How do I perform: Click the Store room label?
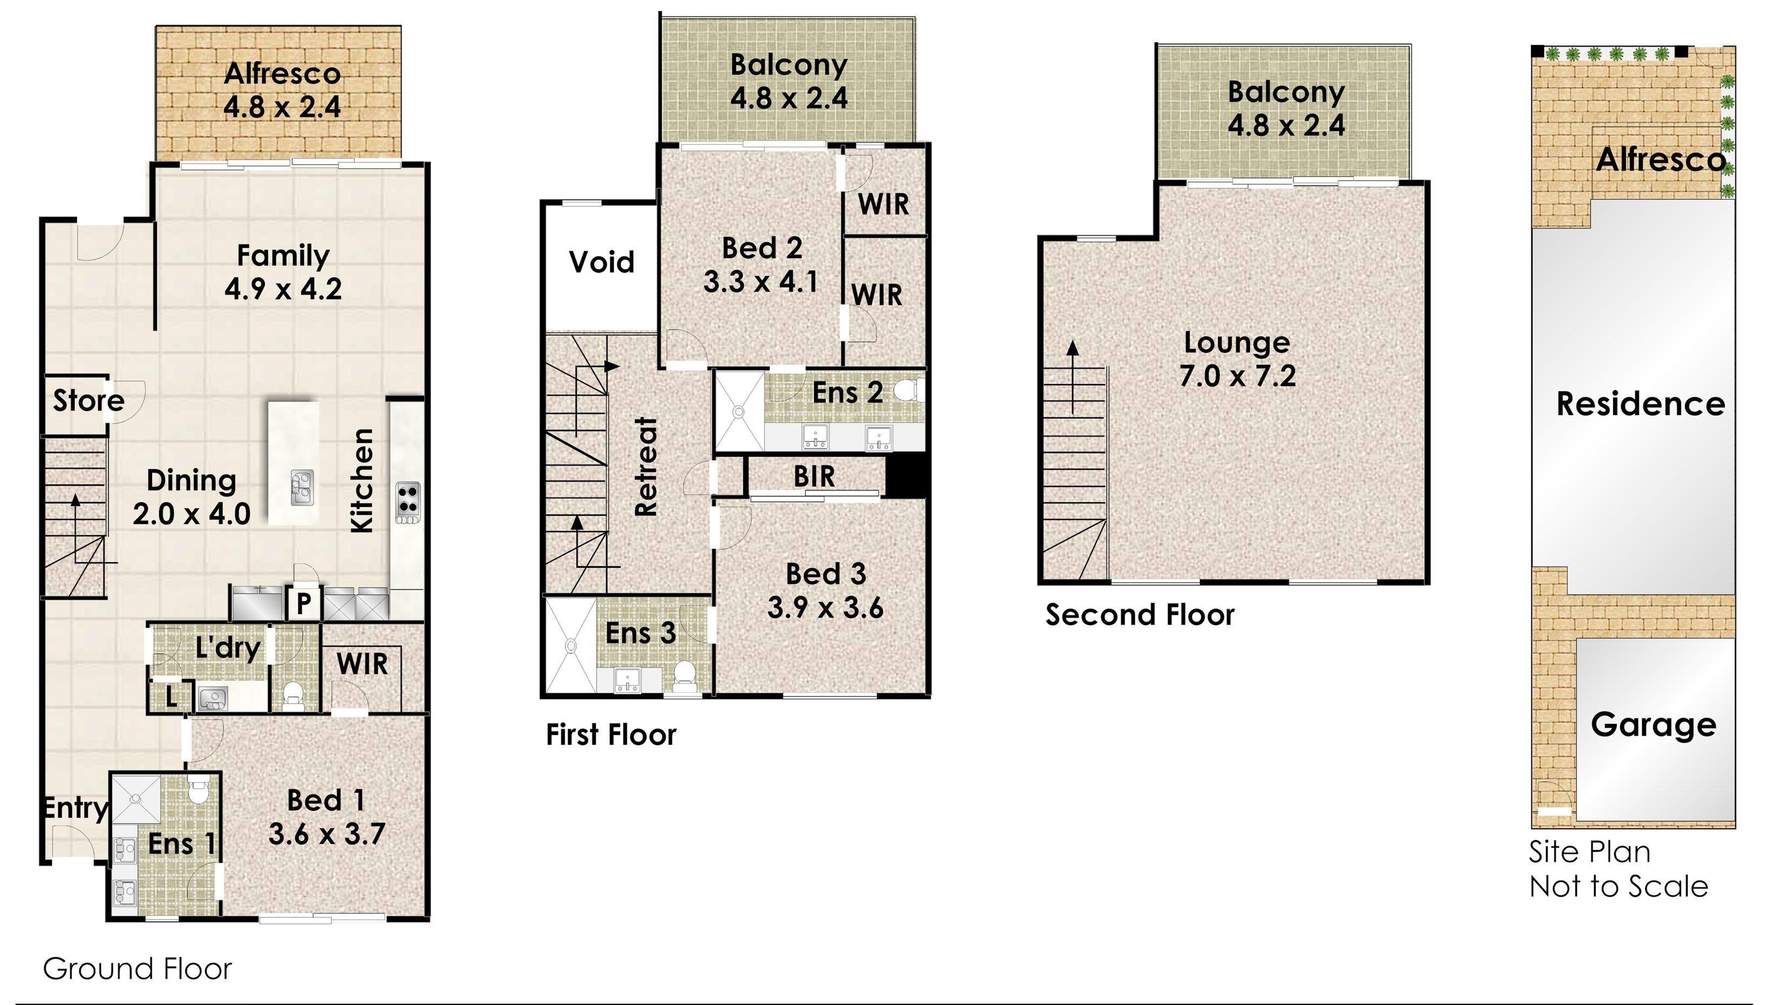[x=88, y=400]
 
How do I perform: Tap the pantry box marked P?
[x=304, y=604]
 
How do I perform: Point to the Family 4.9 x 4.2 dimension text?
[x=283, y=288]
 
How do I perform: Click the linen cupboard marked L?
[x=171, y=697]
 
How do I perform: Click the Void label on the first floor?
[x=602, y=262]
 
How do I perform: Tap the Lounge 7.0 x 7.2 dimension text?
[x=1237, y=376]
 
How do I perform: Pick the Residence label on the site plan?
[x=1640, y=404]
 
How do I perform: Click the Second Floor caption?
[x=1139, y=615]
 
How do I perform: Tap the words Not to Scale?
[x=1619, y=886]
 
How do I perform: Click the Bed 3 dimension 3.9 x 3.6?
[x=825, y=608]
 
